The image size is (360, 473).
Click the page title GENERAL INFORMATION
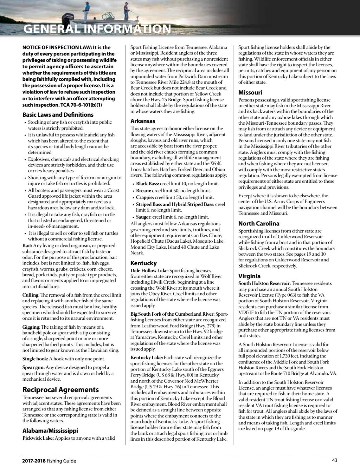(97, 29)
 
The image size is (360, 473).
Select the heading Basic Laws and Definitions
(58, 115)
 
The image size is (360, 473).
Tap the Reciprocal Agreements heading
(61, 390)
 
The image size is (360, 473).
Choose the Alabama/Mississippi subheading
(50, 430)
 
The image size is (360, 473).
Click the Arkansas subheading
(143, 121)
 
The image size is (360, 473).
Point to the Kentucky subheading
(144, 263)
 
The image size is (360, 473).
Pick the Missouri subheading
(250, 93)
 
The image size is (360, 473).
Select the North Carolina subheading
(259, 223)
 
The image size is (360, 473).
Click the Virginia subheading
(249, 276)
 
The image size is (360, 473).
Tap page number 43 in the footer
(334, 461)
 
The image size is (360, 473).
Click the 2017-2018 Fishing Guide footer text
(49, 461)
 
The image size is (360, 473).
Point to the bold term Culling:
(31, 295)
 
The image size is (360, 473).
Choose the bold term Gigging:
(31, 327)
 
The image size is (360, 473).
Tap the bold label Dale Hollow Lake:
(150, 271)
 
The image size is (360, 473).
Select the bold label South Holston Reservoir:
(264, 283)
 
